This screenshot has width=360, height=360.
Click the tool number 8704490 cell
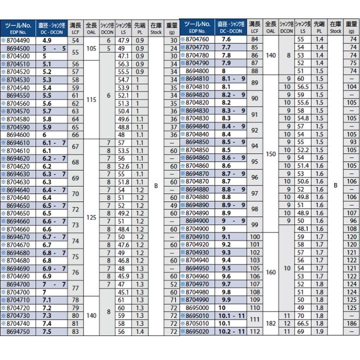[x=19, y=39]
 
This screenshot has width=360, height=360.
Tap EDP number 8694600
[x=19, y=134]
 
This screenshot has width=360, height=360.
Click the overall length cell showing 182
[x=271, y=323]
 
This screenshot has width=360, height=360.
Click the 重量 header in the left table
[x=171, y=27]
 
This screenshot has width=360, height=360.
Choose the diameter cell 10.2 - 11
[x=230, y=331]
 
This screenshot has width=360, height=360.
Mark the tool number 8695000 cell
[x=200, y=308]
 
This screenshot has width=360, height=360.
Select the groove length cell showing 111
[x=255, y=319]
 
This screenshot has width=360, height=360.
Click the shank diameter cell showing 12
[x=287, y=323]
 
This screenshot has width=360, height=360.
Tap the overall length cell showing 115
[x=91, y=98]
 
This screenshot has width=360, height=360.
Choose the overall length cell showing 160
[x=271, y=272]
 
